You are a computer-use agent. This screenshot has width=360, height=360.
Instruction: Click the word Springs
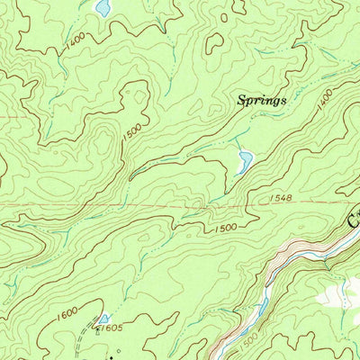[262, 101]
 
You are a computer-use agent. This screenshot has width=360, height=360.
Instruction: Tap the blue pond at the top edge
[103, 8]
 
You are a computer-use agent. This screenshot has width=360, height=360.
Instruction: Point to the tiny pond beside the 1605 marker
[104, 319]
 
